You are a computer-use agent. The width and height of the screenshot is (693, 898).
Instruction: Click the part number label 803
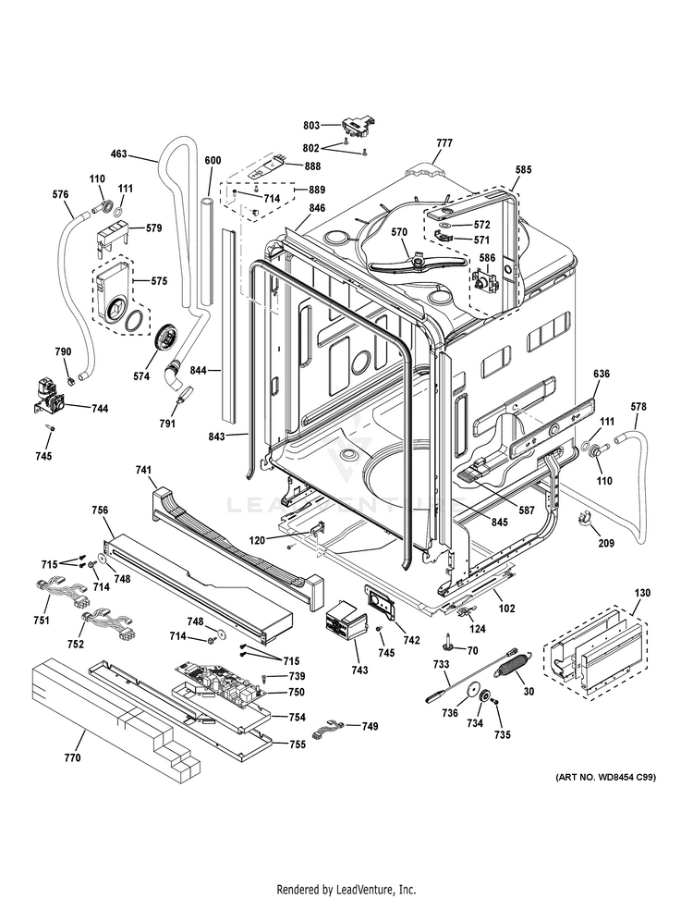pyautogui.click(x=310, y=125)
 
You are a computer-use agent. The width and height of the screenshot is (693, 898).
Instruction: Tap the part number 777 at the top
pyautogui.click(x=444, y=142)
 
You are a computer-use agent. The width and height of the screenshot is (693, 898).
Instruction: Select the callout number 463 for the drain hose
pyautogui.click(x=119, y=154)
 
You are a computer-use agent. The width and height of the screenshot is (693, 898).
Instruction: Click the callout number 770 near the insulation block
pyautogui.click(x=72, y=758)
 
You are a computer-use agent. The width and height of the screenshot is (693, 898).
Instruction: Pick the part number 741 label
pyautogui.click(x=142, y=471)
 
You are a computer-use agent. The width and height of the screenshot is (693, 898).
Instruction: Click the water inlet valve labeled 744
pyautogui.click(x=45, y=393)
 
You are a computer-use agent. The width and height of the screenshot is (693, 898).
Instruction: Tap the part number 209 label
pyautogui.click(x=605, y=543)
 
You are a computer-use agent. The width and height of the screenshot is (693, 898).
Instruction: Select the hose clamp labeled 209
pyautogui.click(x=584, y=519)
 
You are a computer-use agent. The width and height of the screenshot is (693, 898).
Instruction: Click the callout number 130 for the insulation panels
pyautogui.click(x=642, y=592)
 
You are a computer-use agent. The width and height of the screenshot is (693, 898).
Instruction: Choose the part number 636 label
pyautogui.click(x=601, y=375)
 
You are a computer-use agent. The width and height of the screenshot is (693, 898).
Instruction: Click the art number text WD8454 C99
pyautogui.click(x=605, y=778)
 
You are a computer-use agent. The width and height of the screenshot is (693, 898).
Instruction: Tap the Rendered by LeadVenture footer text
pyautogui.click(x=346, y=889)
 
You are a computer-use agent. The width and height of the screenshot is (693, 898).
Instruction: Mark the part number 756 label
pyautogui.click(x=100, y=510)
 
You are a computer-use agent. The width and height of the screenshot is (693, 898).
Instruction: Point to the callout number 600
pyautogui.click(x=213, y=161)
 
